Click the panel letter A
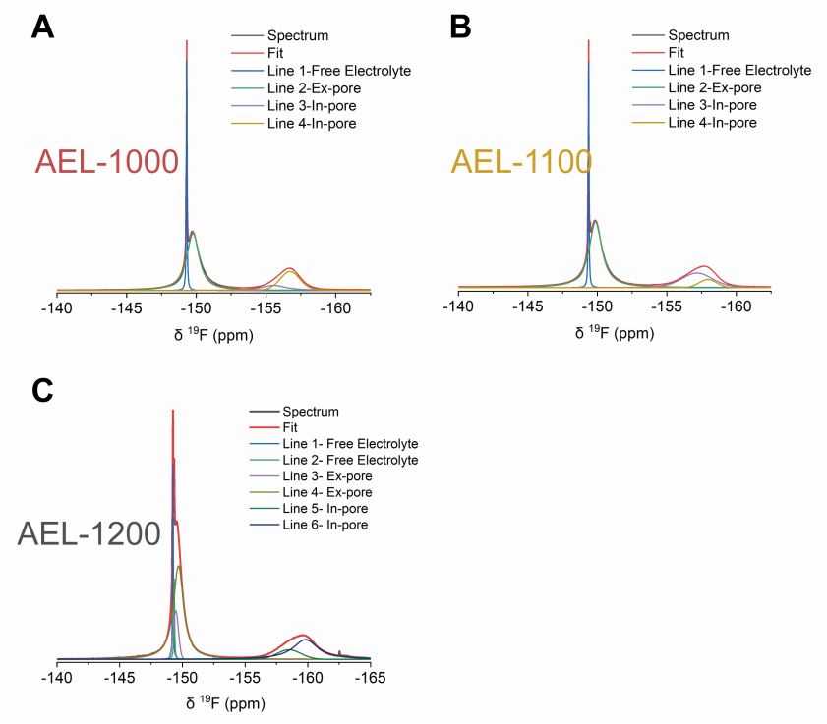tap(42, 27)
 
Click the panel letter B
tap(460, 27)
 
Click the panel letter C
tap(43, 390)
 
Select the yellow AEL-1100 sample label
tap(521, 161)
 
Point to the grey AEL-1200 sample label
tap(89, 534)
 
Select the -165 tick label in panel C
tap(370, 679)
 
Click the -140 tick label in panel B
tap(458, 308)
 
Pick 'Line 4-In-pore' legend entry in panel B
tap(712, 123)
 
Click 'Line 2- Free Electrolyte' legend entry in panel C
tap(350, 460)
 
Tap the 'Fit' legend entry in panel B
tap(676, 53)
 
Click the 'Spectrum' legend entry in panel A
tap(298, 36)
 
